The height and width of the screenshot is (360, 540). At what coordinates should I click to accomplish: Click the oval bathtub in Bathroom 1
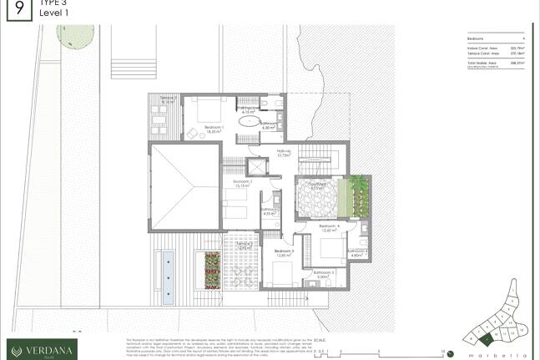tap(249, 123)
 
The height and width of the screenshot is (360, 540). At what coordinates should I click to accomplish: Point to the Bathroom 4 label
tap(359, 252)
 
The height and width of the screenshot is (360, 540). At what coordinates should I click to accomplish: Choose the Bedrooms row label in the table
tap(477, 39)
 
